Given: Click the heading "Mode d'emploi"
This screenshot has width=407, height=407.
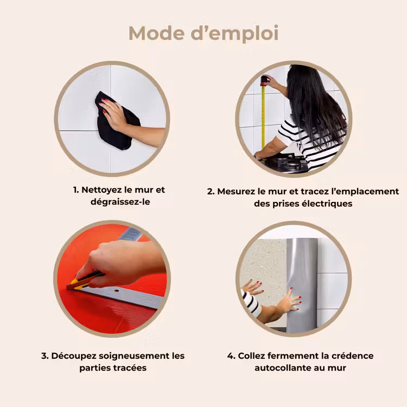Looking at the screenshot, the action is [203, 34].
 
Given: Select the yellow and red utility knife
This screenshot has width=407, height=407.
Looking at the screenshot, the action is [85, 281].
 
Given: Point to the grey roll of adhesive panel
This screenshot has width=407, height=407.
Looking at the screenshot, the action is [302, 285].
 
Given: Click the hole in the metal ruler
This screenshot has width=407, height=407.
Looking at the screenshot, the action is [116, 291].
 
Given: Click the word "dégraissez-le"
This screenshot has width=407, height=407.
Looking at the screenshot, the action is [120, 202].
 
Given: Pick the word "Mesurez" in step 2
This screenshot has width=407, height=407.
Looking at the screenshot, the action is [236, 192].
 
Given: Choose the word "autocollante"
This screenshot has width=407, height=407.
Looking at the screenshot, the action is [283, 368].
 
